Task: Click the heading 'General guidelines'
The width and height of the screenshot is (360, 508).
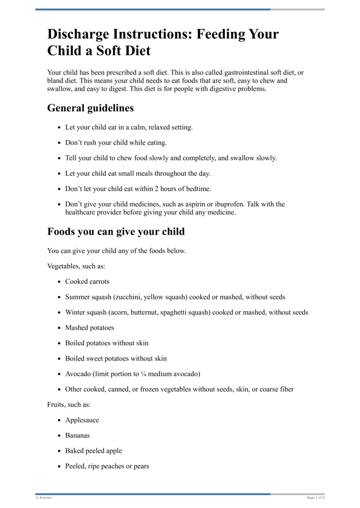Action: tap(90, 108)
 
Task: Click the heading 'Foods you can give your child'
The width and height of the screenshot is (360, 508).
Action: tap(116, 232)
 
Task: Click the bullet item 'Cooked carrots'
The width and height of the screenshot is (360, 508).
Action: tap(87, 282)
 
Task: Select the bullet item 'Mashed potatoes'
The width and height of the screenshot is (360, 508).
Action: tap(90, 328)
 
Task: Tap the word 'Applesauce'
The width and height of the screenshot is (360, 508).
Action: tap(82, 420)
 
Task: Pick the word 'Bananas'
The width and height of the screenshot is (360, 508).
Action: tap(77, 436)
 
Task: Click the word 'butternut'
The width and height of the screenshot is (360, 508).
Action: tap(148, 312)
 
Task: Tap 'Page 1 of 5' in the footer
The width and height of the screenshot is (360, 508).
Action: tap(315, 498)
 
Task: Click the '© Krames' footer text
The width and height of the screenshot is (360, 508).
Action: tap(44, 498)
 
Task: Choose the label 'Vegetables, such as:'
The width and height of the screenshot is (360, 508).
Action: tap(76, 266)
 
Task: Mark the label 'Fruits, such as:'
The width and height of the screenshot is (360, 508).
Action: tap(69, 405)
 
